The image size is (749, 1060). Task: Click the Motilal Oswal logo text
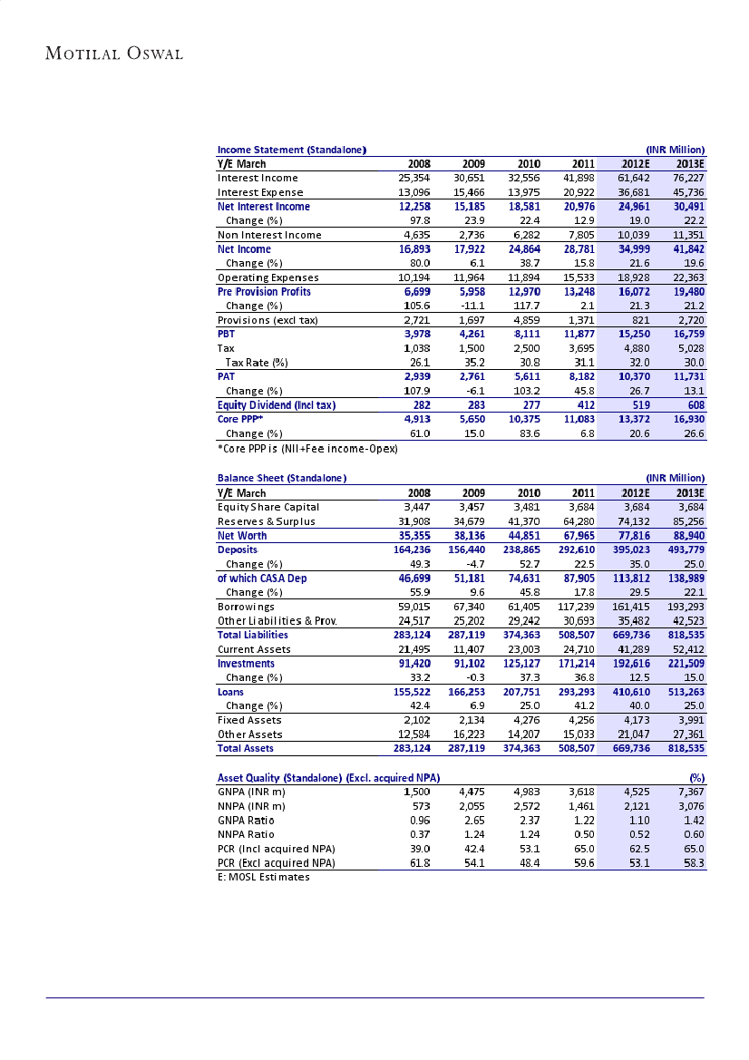coord(114,53)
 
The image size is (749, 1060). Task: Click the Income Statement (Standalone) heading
coord(291,150)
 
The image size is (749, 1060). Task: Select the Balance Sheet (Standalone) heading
coord(282,478)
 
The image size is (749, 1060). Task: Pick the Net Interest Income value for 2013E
coord(686,206)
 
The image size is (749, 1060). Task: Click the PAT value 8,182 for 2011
coord(577,375)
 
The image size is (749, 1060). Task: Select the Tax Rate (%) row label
coord(257,362)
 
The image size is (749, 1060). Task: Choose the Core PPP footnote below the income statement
coord(307,449)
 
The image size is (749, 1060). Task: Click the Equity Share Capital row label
coord(267,507)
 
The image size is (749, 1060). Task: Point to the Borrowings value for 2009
coord(468,606)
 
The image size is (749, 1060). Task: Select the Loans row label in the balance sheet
coord(230,691)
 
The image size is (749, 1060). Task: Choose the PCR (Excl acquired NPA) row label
coord(276,862)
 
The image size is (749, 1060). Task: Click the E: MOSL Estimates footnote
coord(263,877)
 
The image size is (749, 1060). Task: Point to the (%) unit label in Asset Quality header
coord(696,777)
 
